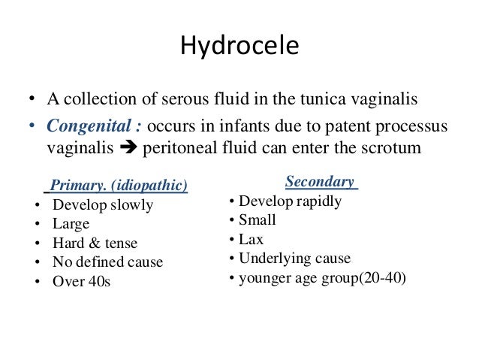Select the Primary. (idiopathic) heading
click(x=119, y=186)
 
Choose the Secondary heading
click(x=320, y=182)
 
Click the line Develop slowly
click(x=102, y=205)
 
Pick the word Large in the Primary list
click(x=71, y=224)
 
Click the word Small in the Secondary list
click(x=258, y=220)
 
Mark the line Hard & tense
click(x=95, y=244)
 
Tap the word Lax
click(x=251, y=240)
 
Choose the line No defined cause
click(x=107, y=263)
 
